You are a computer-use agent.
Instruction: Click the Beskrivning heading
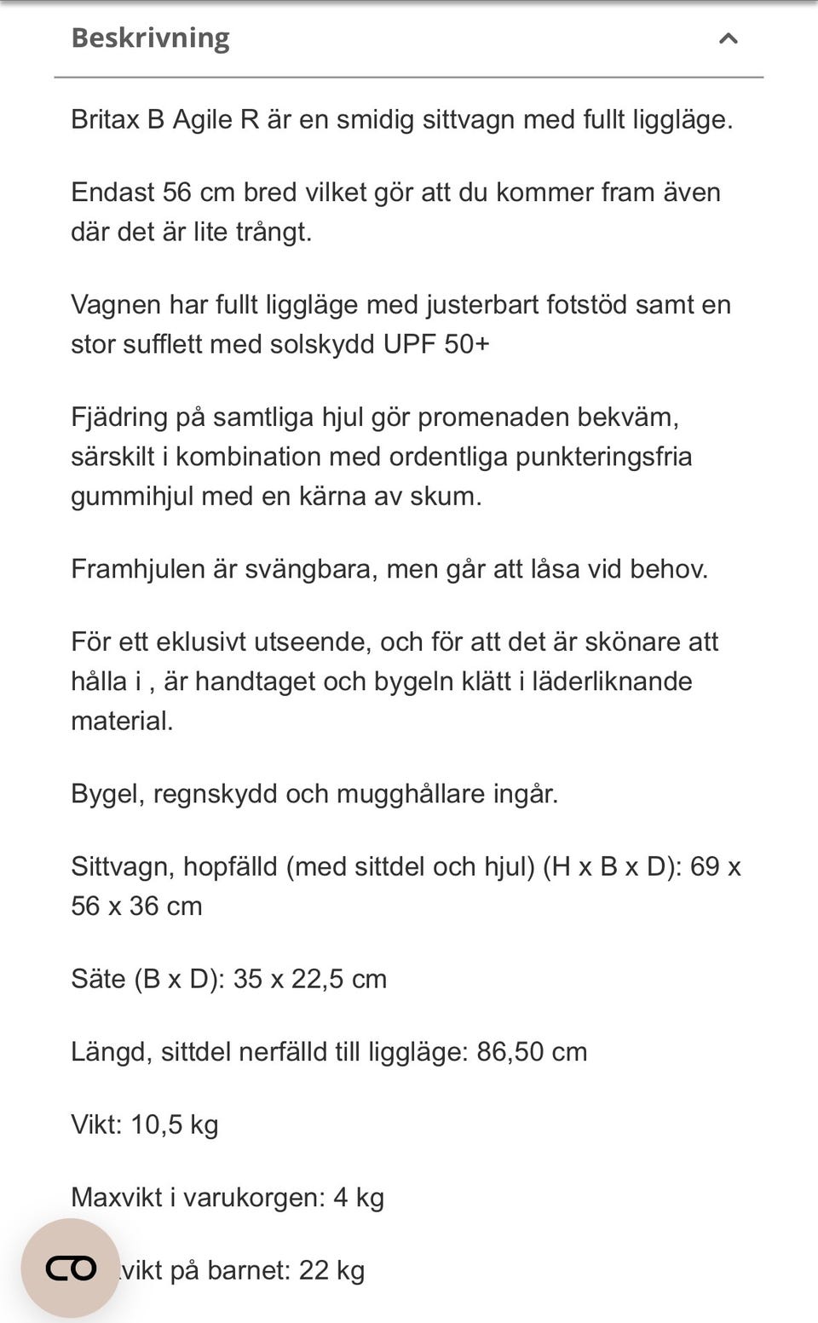tap(150, 38)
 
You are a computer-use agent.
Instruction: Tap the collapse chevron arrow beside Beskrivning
tap(728, 38)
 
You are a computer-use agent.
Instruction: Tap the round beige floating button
tap(71, 1268)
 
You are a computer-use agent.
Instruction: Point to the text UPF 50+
tap(436, 344)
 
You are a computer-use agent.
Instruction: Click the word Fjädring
tap(119, 417)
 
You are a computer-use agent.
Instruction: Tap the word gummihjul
tap(132, 497)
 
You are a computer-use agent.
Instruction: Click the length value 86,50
tap(510, 1052)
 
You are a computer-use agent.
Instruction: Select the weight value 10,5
tap(156, 1125)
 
